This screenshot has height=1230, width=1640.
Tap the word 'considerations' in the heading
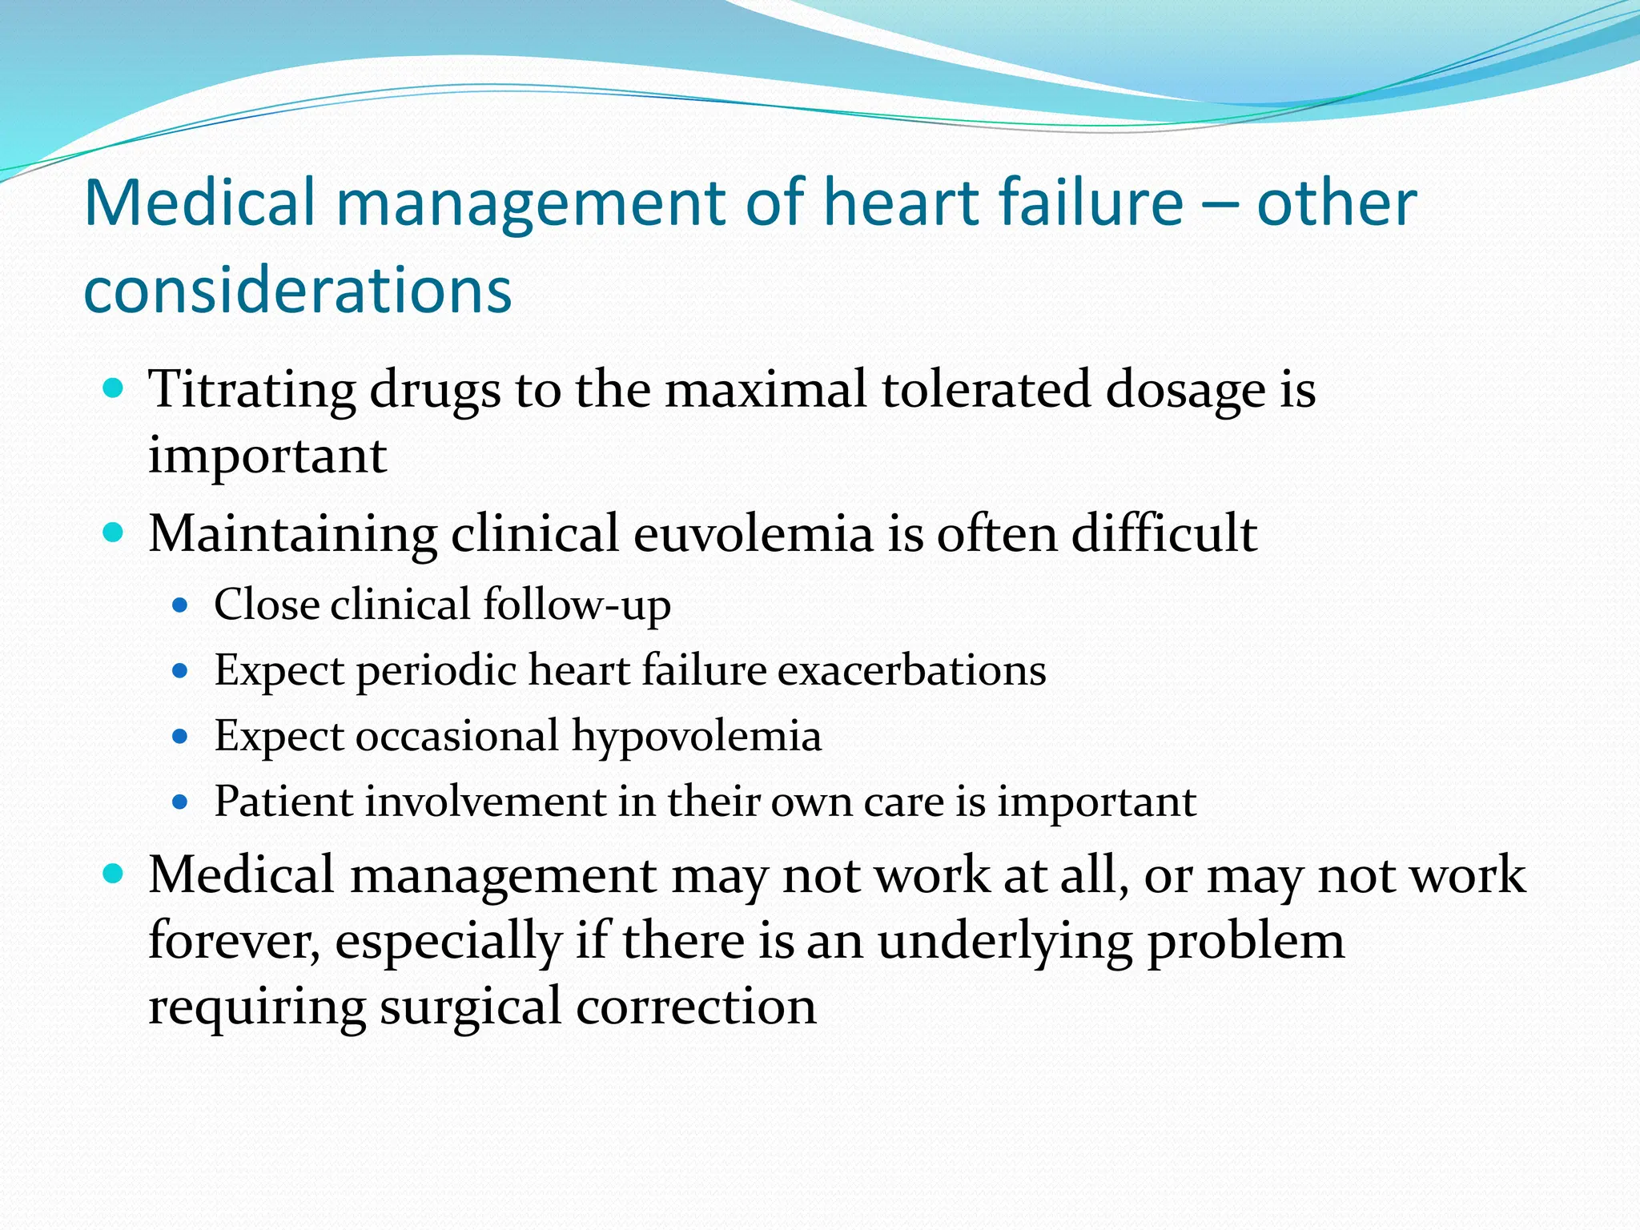coord(297,290)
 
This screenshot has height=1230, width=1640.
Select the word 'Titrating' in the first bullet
coord(251,390)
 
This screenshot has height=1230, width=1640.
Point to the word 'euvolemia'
coord(753,533)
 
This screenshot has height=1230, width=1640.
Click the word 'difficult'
coord(1164,533)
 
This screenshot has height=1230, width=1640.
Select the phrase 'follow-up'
coord(577,605)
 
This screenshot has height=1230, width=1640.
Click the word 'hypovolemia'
coord(696,737)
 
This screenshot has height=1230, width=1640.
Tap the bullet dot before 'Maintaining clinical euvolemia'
coord(114,533)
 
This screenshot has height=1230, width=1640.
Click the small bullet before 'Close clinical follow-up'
coord(180,605)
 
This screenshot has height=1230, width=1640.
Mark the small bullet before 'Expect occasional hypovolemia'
coord(180,737)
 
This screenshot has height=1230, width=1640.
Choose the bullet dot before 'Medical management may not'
coord(114,874)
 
